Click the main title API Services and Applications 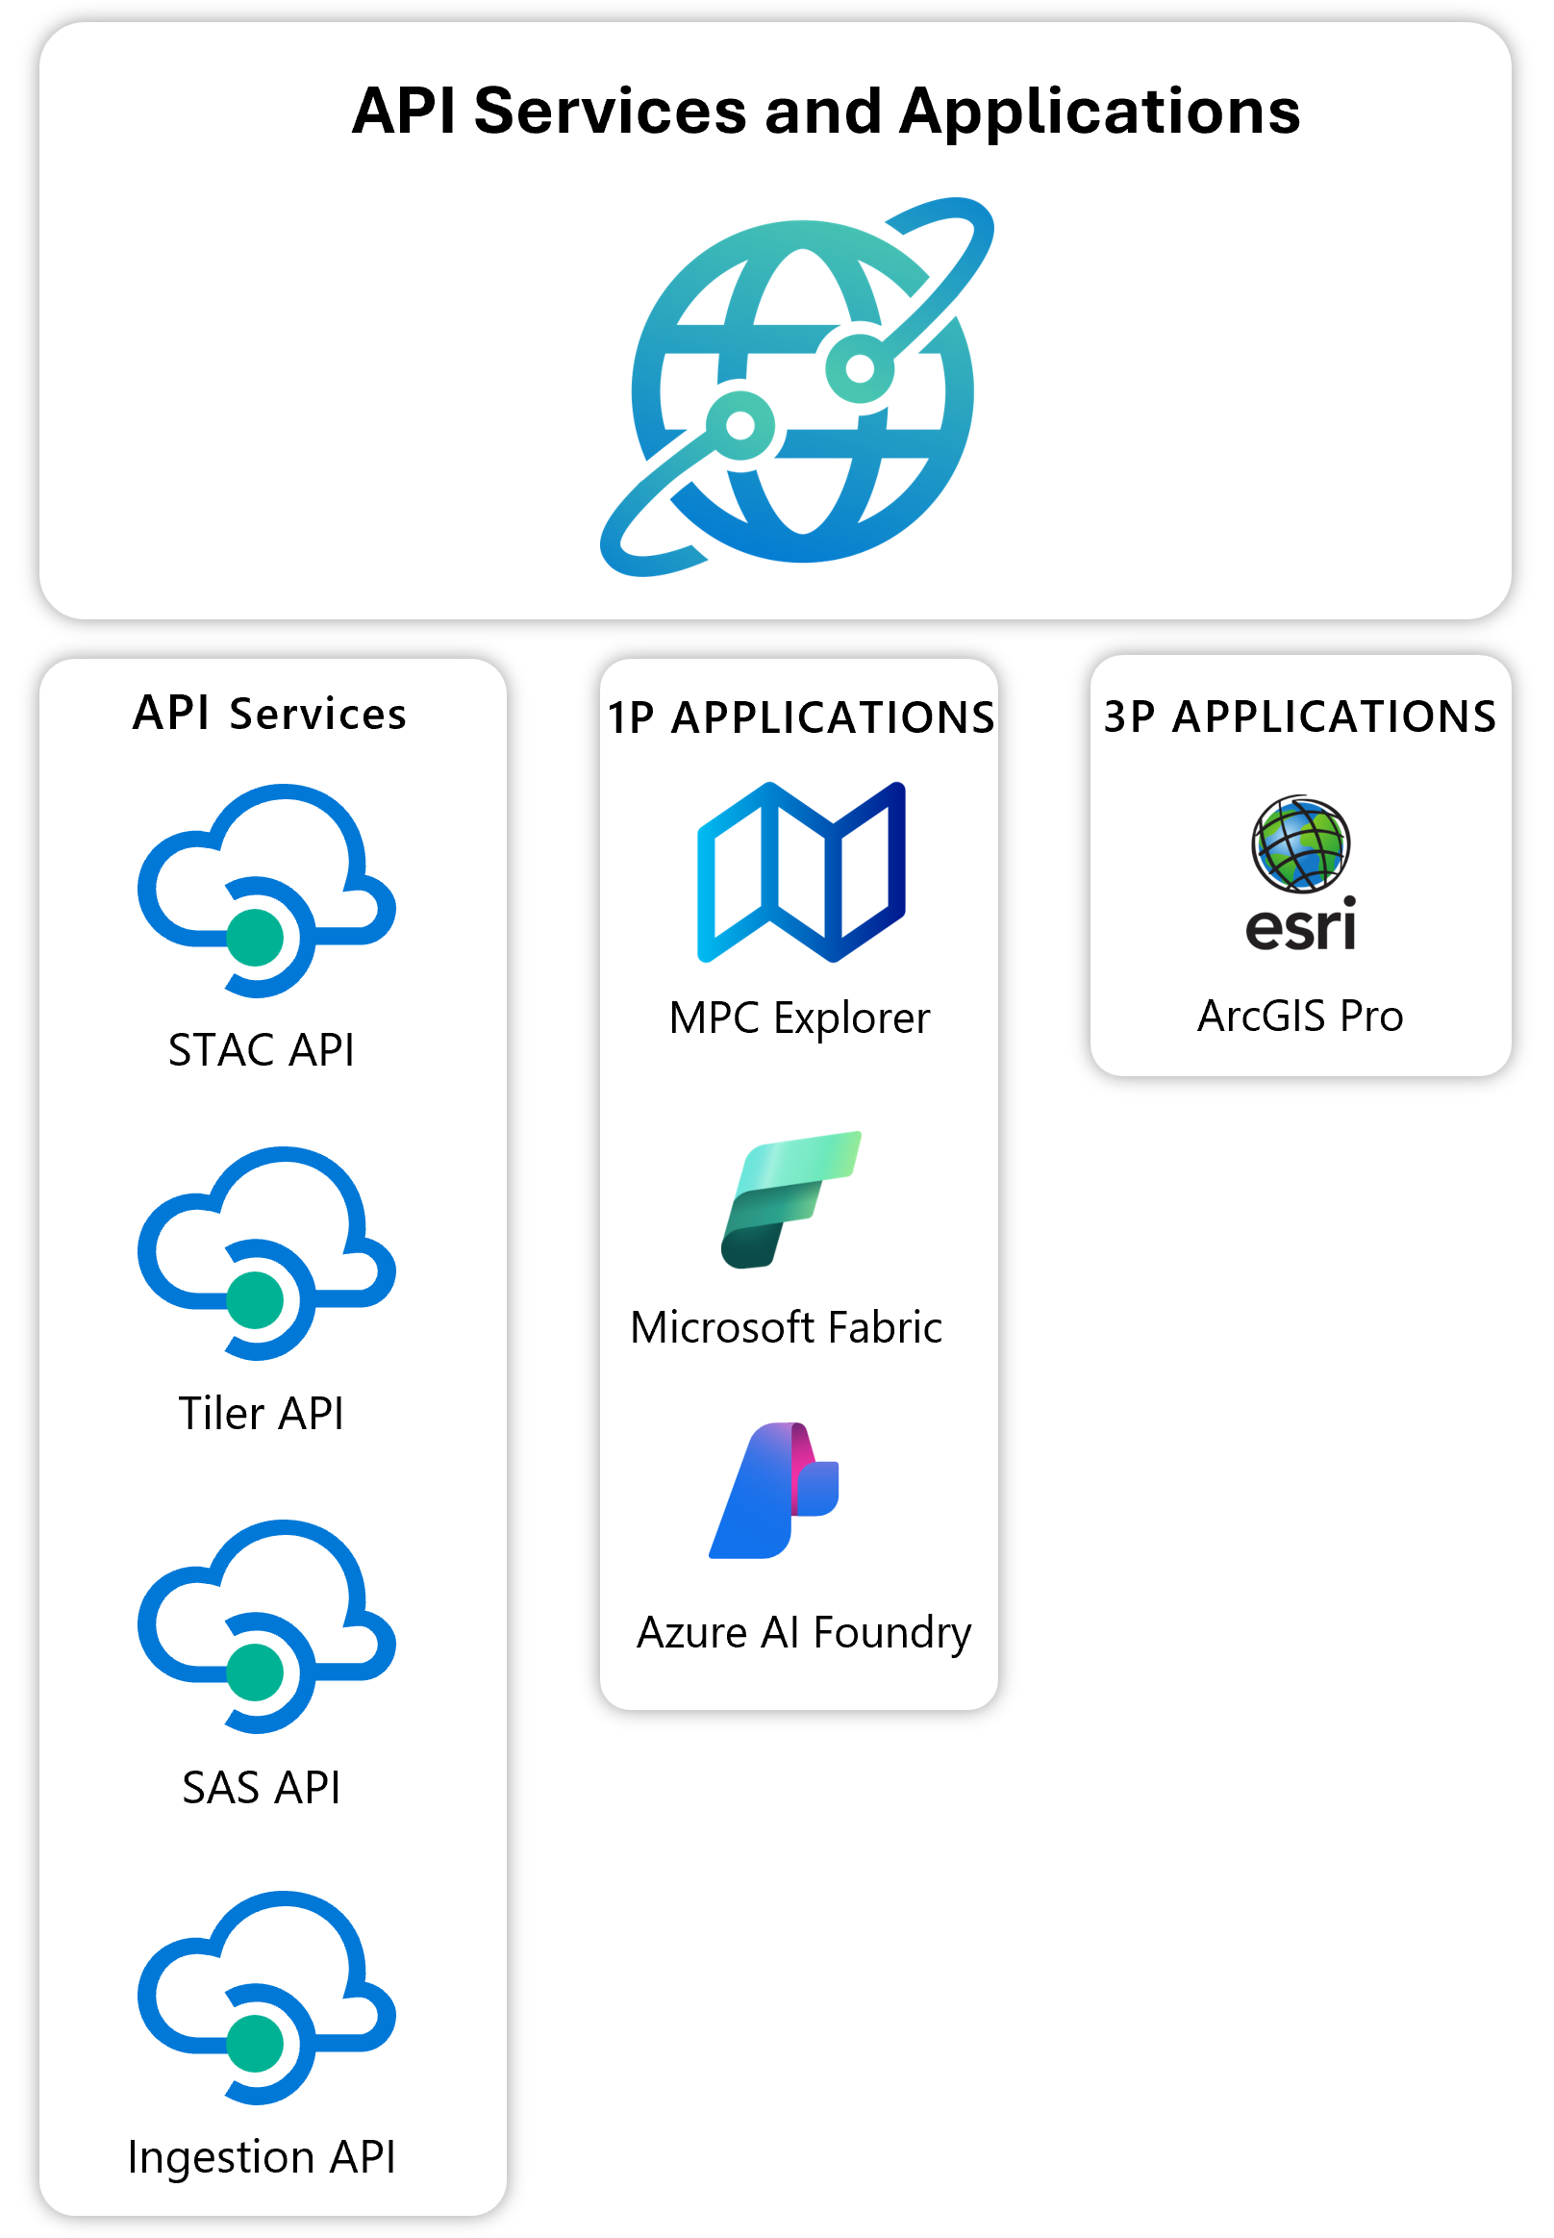click(x=826, y=111)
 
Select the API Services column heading click(x=269, y=714)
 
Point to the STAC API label click(x=261, y=1050)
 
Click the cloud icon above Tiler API click(x=265, y=1252)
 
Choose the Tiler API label click(x=261, y=1413)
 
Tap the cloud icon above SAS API click(x=265, y=1625)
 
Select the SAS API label click(x=261, y=1787)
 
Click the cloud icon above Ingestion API click(x=265, y=1997)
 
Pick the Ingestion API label click(x=261, y=2157)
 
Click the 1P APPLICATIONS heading click(x=800, y=717)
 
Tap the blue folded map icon click(x=801, y=871)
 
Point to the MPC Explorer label click(x=799, y=1018)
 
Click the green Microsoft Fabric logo click(x=790, y=1199)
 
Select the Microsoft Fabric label click(x=786, y=1327)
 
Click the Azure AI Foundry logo click(x=774, y=1490)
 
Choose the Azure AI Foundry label click(x=803, y=1632)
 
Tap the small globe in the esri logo click(x=1301, y=844)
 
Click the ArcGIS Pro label click(x=1300, y=1016)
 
